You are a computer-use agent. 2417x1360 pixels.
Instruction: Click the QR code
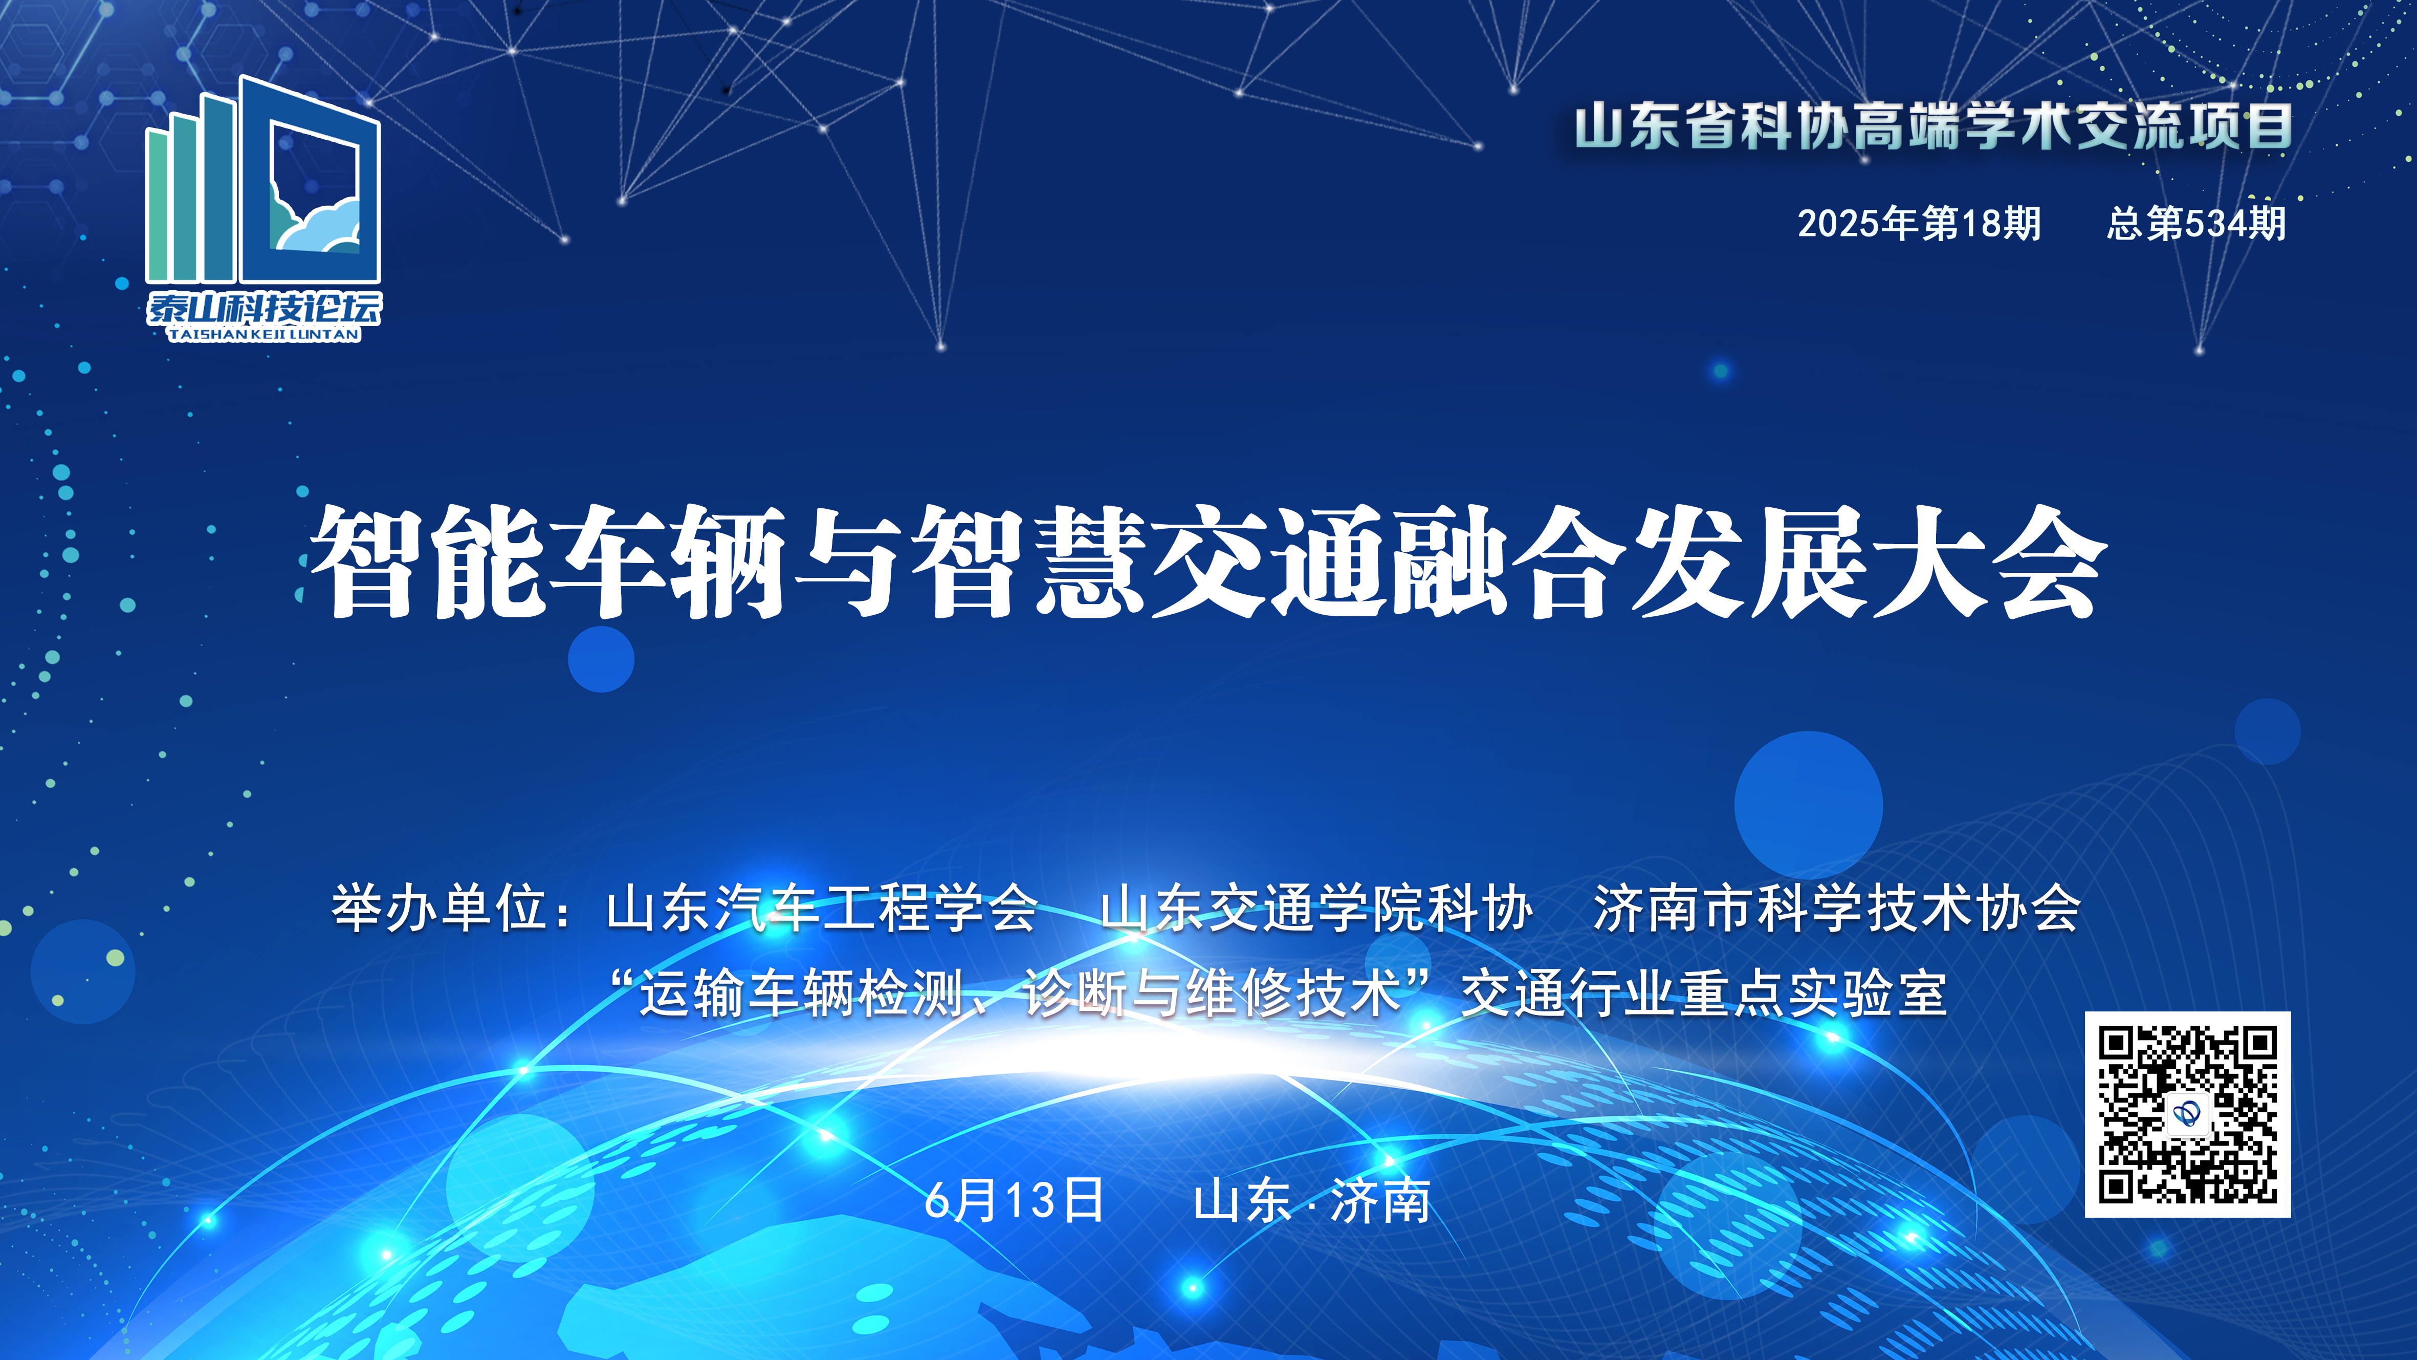pyautogui.click(x=2187, y=1114)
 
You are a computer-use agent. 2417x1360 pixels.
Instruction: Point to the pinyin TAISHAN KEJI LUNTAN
pyautogui.click(x=263, y=334)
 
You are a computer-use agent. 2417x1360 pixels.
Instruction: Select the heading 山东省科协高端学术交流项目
pyautogui.click(x=1933, y=127)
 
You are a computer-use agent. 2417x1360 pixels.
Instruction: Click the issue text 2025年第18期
pyautogui.click(x=1919, y=223)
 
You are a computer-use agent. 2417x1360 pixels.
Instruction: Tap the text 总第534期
pyautogui.click(x=2195, y=223)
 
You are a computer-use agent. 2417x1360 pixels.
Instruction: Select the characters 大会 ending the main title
pyautogui.click(x=1989, y=562)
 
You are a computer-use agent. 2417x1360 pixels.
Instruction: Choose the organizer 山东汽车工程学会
pyautogui.click(x=822, y=909)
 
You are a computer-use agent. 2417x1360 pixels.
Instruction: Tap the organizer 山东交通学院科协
pyautogui.click(x=1316, y=909)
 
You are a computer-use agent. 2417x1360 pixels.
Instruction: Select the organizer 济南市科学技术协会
pyautogui.click(x=1837, y=909)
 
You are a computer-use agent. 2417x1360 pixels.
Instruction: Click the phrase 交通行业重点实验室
pyautogui.click(x=1704, y=993)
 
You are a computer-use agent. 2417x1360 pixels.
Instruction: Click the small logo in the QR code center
pyautogui.click(x=2187, y=1114)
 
